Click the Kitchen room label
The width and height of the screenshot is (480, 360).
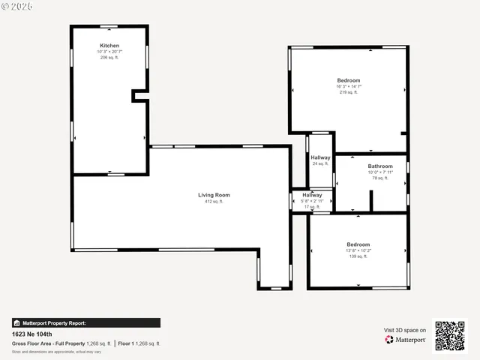109,46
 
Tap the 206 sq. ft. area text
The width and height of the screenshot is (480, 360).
109,58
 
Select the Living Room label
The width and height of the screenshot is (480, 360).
214,195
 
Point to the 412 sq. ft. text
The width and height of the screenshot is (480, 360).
214,202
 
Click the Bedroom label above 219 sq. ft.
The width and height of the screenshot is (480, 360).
348,80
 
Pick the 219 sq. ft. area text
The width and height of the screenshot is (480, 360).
348,92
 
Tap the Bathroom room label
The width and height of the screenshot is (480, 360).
380,166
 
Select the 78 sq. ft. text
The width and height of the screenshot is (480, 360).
380,178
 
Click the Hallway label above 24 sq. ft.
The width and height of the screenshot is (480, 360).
320,157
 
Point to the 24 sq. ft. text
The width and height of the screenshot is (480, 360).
320,163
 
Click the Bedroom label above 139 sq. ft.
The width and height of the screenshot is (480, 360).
358,244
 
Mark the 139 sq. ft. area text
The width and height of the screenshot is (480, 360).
358,256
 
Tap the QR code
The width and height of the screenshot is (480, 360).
450,336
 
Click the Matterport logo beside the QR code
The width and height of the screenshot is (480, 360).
406,340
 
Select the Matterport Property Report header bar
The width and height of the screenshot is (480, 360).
85,323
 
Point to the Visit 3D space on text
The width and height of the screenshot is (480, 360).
405,330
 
